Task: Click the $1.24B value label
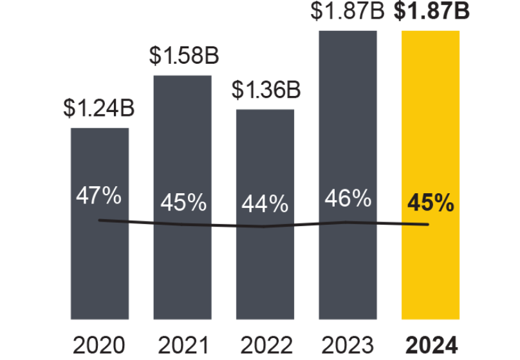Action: click(98, 108)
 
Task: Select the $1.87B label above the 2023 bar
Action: click(348, 10)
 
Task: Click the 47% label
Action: click(98, 196)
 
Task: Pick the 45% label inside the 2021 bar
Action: click(183, 203)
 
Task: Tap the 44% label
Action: click(265, 204)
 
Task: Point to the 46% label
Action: click(348, 198)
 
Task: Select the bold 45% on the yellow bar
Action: click(431, 204)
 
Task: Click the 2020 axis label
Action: click(98, 346)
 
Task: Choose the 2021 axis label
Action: click(182, 346)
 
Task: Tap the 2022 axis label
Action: click(265, 346)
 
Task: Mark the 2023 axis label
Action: click(348, 346)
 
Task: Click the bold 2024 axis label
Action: click(431, 346)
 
